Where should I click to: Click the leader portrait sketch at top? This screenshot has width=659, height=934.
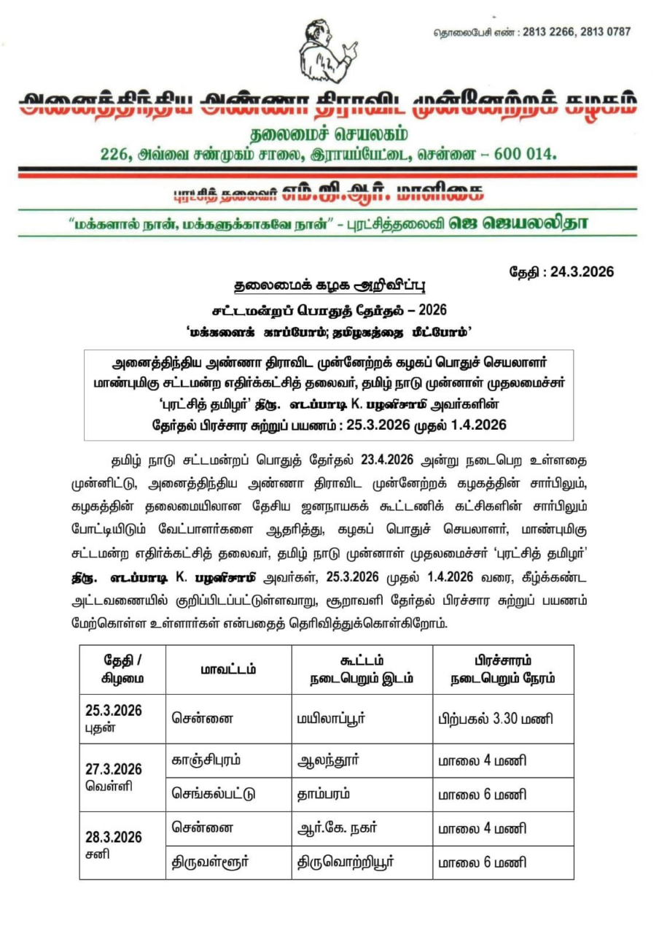click(x=327, y=52)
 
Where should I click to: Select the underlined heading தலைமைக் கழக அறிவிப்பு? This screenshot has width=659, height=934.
click(x=329, y=285)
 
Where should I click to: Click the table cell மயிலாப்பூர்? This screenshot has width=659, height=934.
click(x=332, y=719)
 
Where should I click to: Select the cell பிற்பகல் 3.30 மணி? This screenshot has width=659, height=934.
click(x=496, y=719)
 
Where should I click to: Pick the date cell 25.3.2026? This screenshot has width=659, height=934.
click(x=114, y=711)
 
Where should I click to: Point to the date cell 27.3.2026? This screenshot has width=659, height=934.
click(x=114, y=770)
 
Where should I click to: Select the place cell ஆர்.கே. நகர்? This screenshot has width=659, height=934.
click(x=337, y=829)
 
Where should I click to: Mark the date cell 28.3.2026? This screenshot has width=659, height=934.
click(x=114, y=837)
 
